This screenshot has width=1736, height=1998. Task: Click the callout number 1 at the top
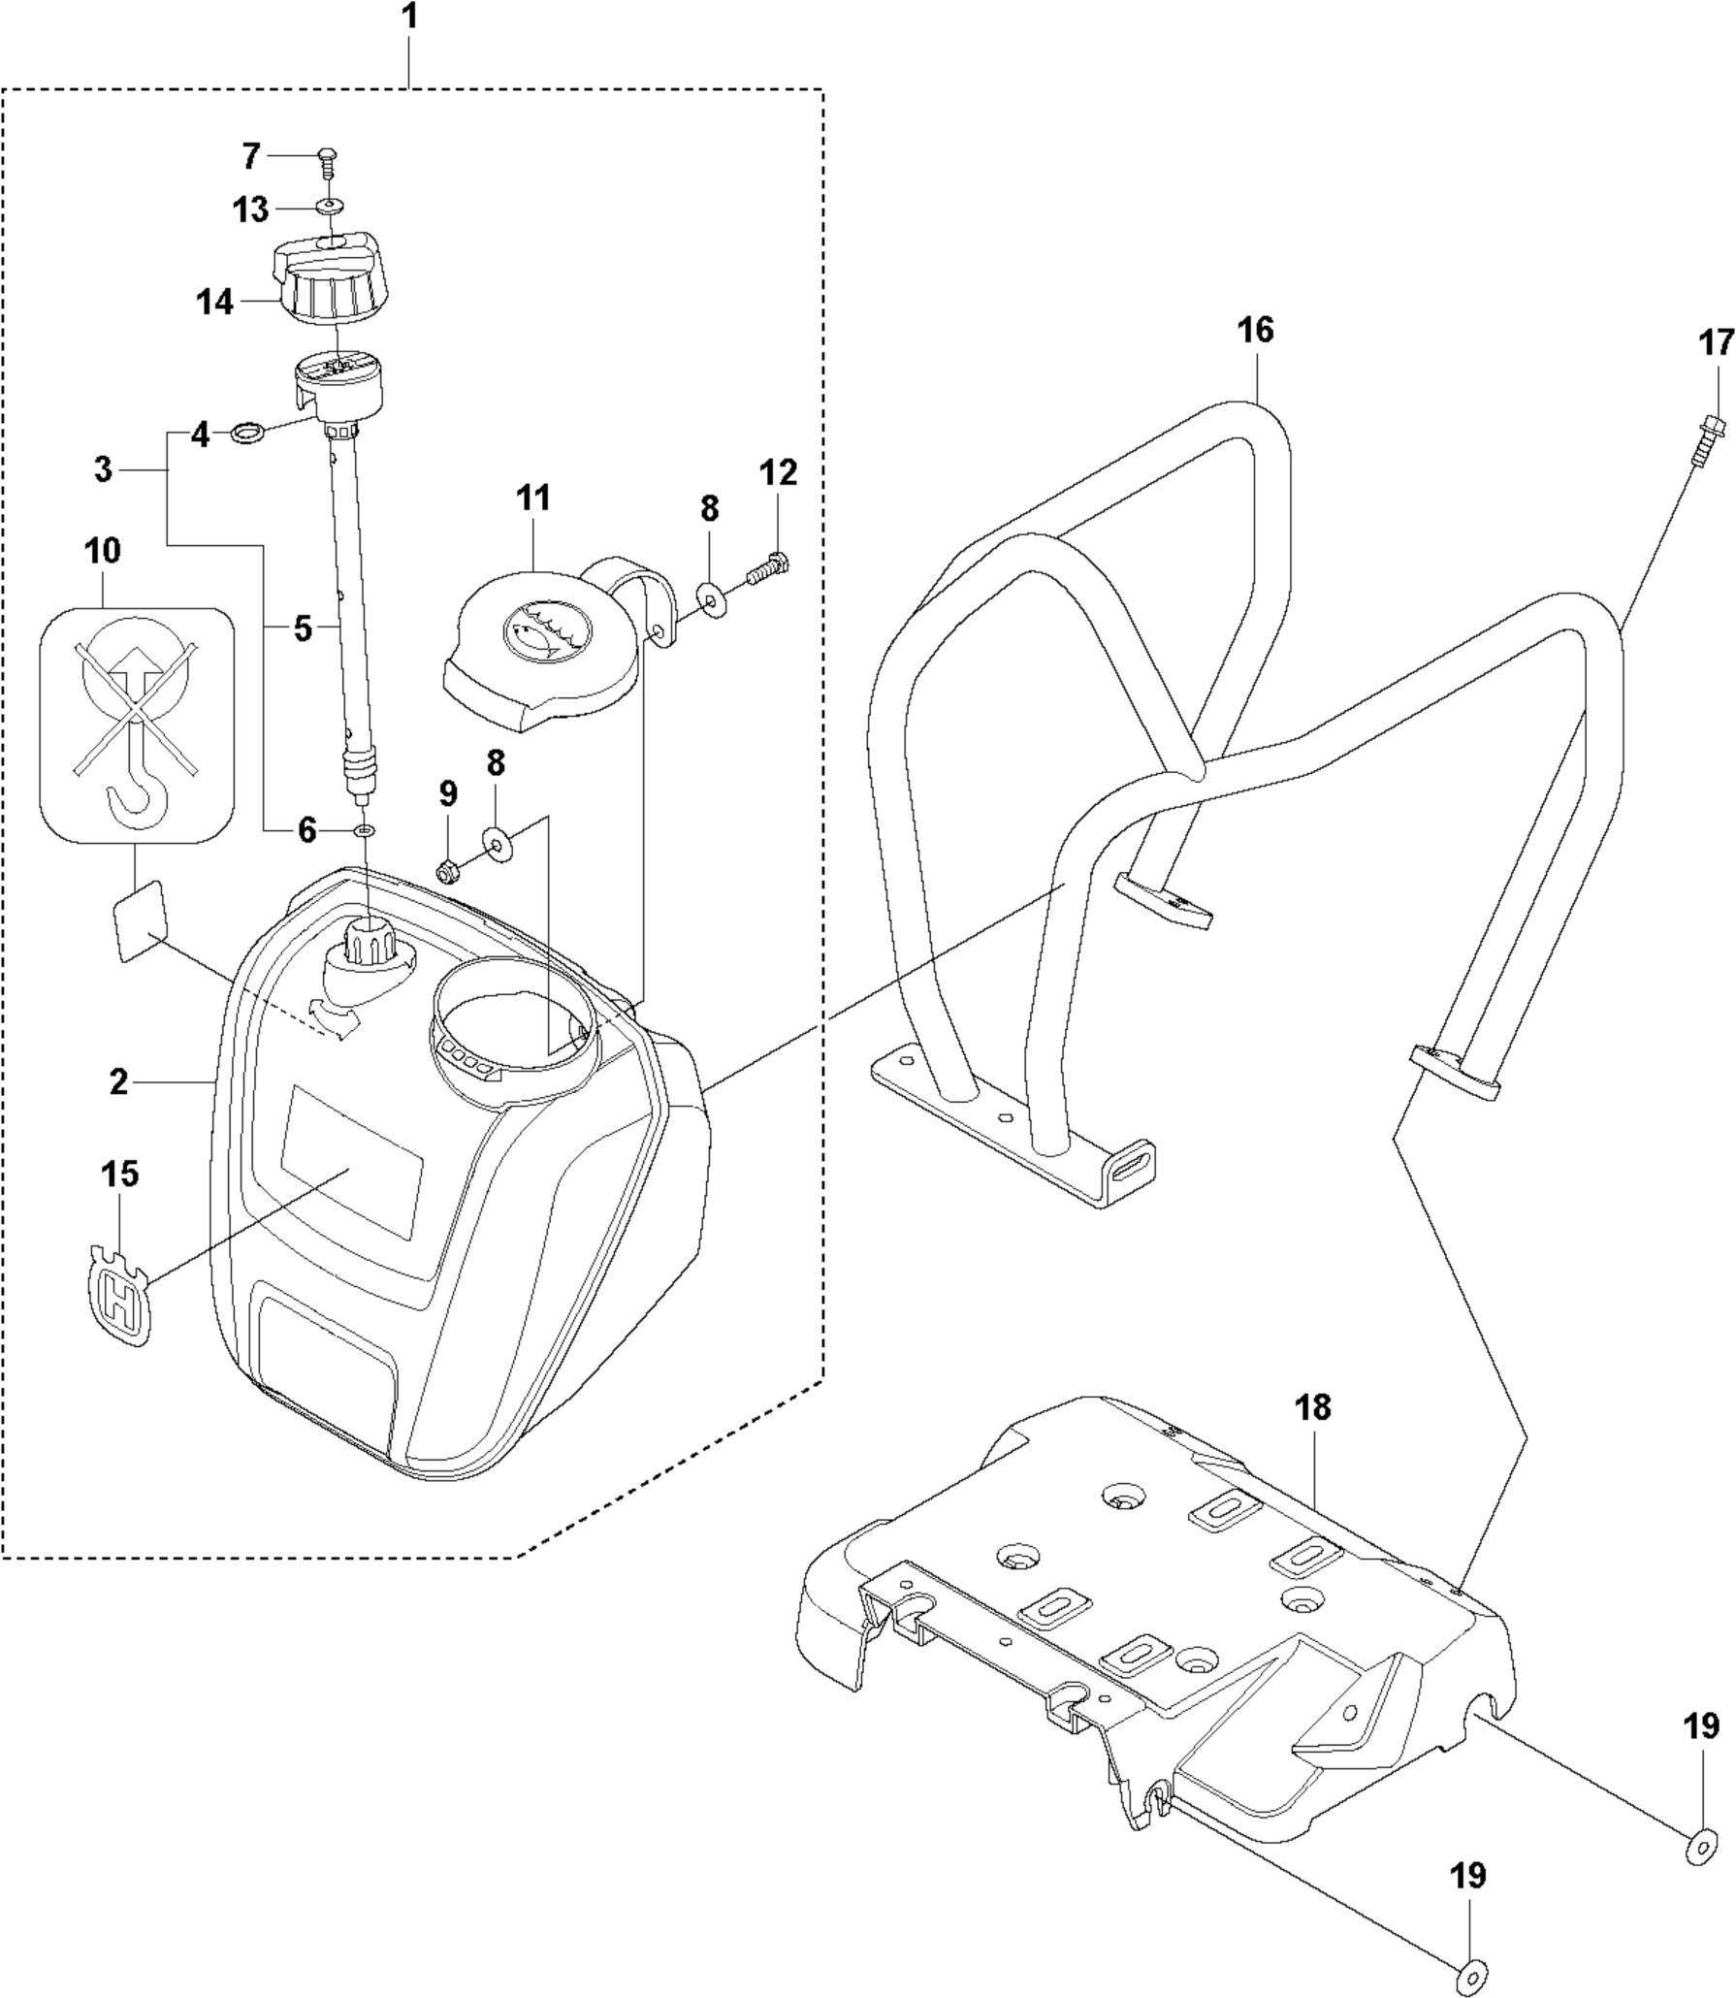(x=410, y=19)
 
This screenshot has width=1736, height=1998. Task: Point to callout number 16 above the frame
(x=1255, y=331)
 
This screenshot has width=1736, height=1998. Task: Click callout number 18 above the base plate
(x=1313, y=1407)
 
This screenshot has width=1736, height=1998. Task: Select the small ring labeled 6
(x=365, y=830)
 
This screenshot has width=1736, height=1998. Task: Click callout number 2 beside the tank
(x=118, y=1082)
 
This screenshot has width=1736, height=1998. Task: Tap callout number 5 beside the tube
(x=303, y=629)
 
